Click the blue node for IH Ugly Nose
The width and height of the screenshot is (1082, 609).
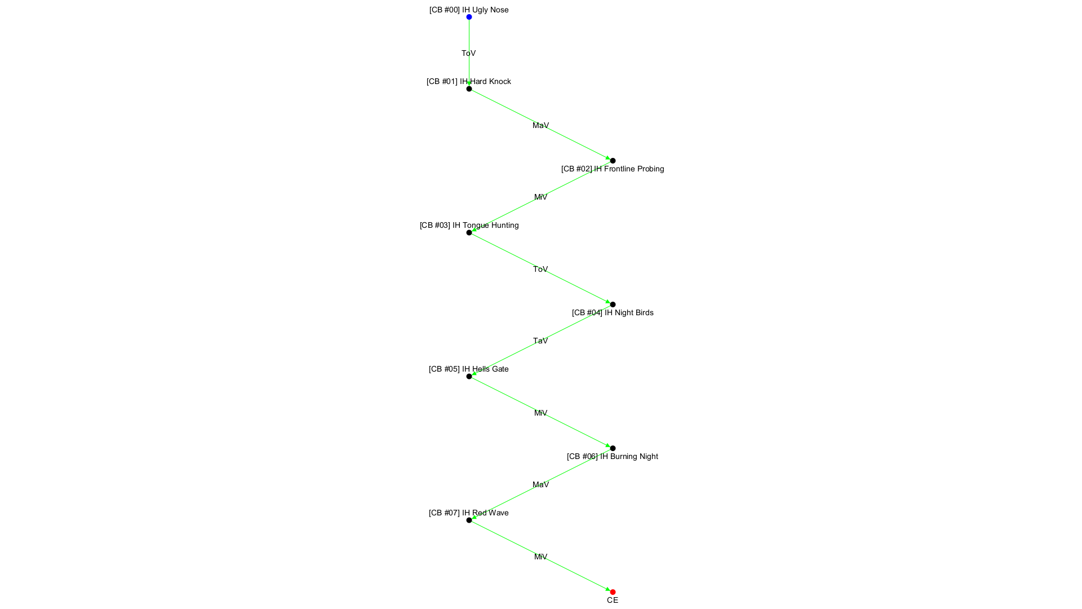469,17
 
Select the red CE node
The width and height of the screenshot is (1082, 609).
613,592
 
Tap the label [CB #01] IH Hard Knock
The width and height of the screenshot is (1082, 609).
468,81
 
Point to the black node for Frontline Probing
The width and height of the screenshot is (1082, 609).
613,161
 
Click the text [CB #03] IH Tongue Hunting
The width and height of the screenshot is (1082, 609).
469,225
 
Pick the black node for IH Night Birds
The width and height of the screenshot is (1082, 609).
613,304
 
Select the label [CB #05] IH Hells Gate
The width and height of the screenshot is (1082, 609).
468,369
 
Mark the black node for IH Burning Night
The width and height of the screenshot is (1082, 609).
613,448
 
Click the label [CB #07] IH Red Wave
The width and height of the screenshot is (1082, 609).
468,513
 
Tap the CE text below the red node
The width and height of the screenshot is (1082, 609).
613,601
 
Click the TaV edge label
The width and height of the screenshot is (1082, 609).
540,341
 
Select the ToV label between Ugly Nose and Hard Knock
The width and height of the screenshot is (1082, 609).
468,53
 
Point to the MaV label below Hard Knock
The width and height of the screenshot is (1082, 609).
540,125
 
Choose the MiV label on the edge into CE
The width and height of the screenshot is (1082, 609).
540,557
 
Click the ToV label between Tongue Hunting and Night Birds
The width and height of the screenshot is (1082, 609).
540,269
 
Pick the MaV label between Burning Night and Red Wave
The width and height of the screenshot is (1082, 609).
540,484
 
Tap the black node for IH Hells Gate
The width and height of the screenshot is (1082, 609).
469,376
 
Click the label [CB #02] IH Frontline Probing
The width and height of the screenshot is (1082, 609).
613,169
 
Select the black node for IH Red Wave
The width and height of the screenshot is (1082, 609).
469,520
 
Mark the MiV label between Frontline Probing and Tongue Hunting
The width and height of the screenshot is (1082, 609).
540,197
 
